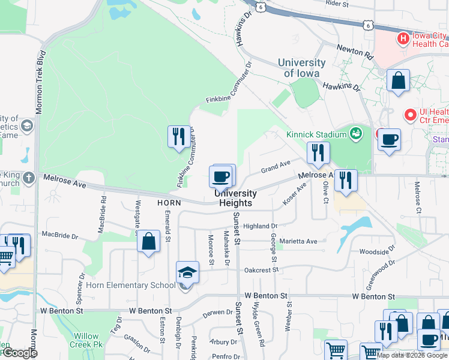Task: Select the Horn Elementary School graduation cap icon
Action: pos(187,272)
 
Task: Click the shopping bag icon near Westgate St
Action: pos(148,242)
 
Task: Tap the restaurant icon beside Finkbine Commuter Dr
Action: pos(178,137)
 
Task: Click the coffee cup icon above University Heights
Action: pos(220,176)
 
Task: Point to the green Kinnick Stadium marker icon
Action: pos(356,133)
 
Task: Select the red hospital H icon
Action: pos(403,38)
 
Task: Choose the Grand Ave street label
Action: pos(276,166)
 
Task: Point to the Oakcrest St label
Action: pos(261,270)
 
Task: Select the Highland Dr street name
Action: pos(260,226)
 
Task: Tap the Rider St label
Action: pos(337,4)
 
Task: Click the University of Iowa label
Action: pos(301,68)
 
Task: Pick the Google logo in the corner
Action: pos(19,353)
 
